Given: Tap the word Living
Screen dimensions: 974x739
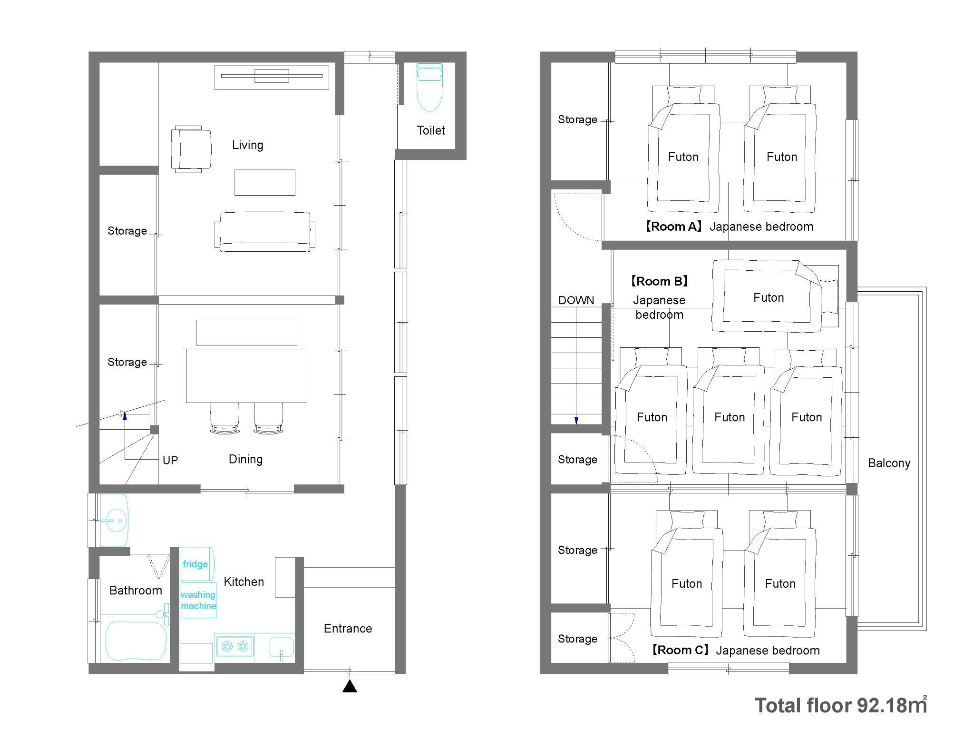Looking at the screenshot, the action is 247,145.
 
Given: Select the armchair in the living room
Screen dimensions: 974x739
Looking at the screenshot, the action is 191,149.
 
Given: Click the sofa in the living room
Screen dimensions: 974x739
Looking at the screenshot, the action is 265,232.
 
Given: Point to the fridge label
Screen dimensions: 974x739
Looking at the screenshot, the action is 195,564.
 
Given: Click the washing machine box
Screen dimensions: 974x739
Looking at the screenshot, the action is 198,600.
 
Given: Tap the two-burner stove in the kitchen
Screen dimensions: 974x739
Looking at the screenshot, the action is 235,646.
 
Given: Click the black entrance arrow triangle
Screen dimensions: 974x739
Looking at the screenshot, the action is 350,686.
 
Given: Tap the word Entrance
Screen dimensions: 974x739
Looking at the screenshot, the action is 348,629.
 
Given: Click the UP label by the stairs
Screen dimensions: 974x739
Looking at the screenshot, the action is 170,461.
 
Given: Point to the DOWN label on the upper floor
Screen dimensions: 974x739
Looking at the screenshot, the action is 576,300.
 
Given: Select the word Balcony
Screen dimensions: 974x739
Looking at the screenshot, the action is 889,463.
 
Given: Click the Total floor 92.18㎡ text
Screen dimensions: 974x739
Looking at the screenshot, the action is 841,705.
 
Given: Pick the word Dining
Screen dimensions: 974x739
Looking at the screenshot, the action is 245,459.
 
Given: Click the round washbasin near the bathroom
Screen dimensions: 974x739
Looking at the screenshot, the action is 115,520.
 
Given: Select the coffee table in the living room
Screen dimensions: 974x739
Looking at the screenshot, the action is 265,182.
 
